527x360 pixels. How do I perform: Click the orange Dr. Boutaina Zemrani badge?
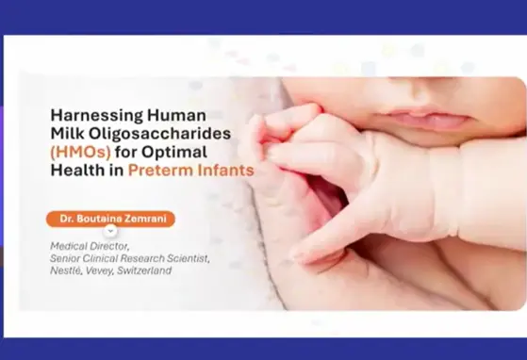point(110,219)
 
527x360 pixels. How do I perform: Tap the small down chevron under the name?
point(110,231)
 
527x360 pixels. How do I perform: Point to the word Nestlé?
point(68,271)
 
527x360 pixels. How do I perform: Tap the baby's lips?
point(425,119)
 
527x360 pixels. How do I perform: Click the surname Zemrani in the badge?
point(144,219)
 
